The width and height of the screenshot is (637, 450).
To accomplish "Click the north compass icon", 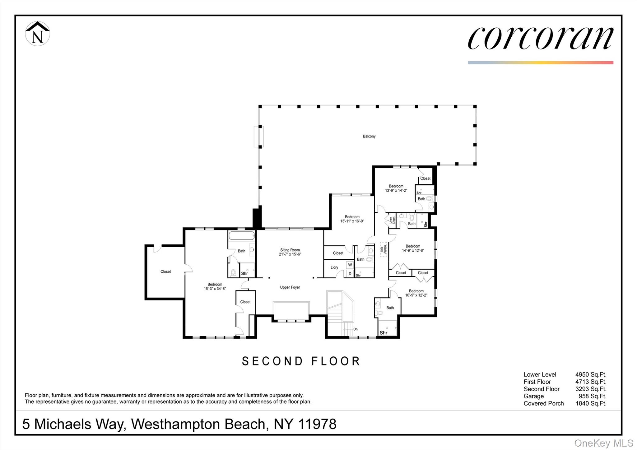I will click(37, 34).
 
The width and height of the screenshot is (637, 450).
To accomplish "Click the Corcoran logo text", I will click(540, 38).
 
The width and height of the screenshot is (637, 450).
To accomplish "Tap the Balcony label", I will click(369, 136).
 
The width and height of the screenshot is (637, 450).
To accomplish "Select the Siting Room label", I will click(290, 250).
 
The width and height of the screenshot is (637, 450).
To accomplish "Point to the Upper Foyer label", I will click(290, 287).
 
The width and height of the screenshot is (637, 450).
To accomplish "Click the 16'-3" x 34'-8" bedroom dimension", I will click(215, 289).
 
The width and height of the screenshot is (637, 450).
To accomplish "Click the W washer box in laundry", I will click(350, 265).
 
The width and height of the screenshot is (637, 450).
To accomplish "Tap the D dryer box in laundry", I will click(350, 274).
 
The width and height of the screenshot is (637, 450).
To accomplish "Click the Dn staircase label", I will click(355, 329).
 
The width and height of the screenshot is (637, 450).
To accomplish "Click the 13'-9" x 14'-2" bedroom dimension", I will click(396, 190).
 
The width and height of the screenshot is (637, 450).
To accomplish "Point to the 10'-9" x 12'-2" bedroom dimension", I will click(416, 295).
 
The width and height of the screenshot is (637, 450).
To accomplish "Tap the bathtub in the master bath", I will click(242, 235).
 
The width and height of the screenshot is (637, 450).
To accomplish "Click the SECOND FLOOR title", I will click(301, 361).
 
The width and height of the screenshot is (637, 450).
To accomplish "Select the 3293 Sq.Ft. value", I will click(591, 389).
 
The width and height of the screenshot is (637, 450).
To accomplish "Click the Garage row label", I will click(533, 396).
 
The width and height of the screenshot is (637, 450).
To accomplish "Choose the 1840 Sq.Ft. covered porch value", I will click(591, 403).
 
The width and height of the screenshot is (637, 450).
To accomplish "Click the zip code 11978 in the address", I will click(317, 424).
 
